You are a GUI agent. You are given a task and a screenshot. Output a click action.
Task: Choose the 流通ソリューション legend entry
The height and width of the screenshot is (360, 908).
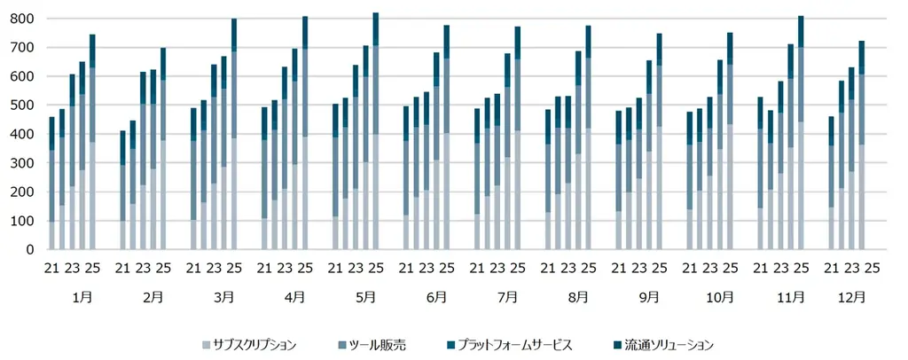pyautogui.click(x=668, y=344)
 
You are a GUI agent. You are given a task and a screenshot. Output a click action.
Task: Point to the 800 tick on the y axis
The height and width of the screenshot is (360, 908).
pyautogui.click(x=22, y=19)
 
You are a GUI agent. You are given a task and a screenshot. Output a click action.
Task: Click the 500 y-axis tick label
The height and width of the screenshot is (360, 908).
pyautogui.click(x=22, y=106)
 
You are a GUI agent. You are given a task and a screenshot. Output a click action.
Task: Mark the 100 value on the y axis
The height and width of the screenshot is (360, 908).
pyautogui.click(x=22, y=222)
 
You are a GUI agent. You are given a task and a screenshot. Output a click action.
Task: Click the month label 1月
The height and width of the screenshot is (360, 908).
pyautogui.click(x=82, y=297)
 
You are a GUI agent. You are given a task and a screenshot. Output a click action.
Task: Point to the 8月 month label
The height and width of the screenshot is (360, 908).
pyautogui.click(x=577, y=297)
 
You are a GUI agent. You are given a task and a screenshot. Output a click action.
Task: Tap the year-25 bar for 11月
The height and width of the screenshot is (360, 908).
pyautogui.click(x=801, y=133)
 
